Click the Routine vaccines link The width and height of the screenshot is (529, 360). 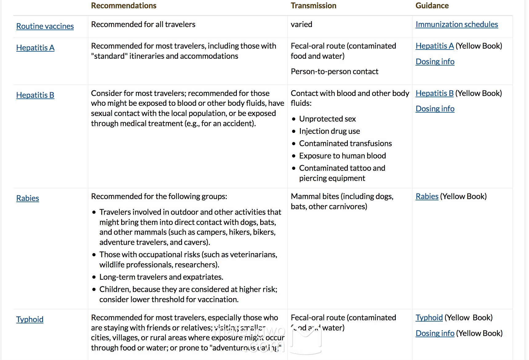(x=45, y=26)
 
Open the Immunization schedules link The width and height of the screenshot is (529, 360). (x=456, y=24)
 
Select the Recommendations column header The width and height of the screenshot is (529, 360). (x=124, y=6)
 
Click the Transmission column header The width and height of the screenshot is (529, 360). (x=313, y=6)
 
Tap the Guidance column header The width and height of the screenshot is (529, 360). (x=432, y=6)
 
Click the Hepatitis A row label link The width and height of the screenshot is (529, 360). (x=35, y=48)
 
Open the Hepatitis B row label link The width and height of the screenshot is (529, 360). (x=35, y=95)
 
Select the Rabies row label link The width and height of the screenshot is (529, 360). (x=28, y=198)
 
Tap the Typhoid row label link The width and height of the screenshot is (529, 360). (x=30, y=319)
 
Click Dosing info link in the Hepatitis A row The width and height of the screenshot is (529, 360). (x=435, y=62)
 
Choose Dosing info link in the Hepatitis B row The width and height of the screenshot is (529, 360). (x=435, y=109)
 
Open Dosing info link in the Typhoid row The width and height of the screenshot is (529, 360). (x=435, y=333)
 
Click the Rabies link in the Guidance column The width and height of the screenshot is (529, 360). (x=427, y=196)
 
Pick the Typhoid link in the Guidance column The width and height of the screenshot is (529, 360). (x=429, y=318)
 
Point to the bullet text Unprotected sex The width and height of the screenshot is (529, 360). (x=327, y=119)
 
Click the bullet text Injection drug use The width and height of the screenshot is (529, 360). (x=329, y=131)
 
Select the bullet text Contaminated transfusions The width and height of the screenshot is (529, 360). (x=345, y=143)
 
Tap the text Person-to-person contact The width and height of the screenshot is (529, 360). (x=334, y=71)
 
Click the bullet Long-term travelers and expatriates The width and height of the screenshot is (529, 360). (x=161, y=277)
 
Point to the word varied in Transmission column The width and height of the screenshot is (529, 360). (x=301, y=24)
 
